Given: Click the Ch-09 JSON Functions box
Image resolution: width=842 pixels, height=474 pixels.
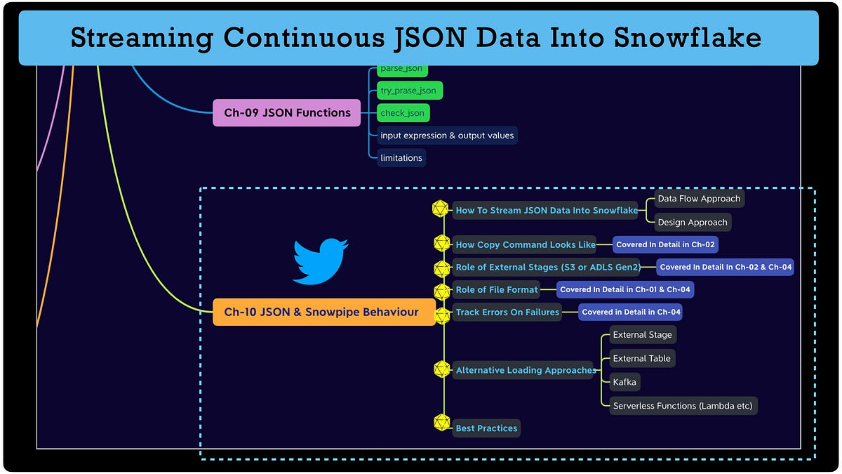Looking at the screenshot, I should pos(287,112).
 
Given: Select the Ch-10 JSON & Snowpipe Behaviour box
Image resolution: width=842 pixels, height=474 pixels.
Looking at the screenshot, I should pos(321,312).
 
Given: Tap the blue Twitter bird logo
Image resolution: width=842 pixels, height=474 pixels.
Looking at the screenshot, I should pos(320,261).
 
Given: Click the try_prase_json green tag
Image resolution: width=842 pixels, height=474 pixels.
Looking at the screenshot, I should pos(408,91).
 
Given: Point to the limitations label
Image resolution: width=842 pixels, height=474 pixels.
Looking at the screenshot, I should pos(401,158).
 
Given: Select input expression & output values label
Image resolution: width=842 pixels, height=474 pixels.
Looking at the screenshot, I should pos(447,136).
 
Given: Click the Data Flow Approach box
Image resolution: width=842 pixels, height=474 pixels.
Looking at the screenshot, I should pos(699,199).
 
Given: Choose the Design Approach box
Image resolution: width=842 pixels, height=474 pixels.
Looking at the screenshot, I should pos(693,223).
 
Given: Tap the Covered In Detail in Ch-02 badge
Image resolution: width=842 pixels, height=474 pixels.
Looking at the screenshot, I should pos(666,244).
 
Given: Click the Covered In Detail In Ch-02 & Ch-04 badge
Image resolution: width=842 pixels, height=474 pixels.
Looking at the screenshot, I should pos(725,267).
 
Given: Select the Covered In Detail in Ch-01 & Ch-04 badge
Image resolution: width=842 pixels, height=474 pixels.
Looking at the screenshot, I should pos(625,289).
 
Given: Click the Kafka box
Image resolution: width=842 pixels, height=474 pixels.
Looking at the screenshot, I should pos(625,382).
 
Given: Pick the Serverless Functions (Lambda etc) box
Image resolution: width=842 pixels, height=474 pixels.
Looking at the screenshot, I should pos(683,406).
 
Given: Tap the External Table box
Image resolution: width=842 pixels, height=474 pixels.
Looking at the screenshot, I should pos(641,358).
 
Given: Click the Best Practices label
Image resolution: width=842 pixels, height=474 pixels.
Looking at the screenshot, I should pos(486,428).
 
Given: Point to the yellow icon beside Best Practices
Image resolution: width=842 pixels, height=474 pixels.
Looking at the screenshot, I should pos(441,423).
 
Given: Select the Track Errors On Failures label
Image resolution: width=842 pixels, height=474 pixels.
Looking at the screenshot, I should pos(507,312).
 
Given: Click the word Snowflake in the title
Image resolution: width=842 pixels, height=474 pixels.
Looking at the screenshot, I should pos(685,38).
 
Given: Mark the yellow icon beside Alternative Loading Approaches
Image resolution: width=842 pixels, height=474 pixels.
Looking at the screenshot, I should pos(441,369).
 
